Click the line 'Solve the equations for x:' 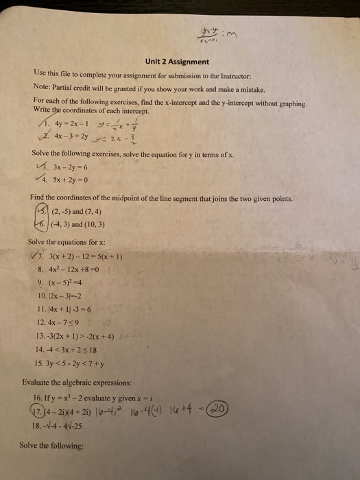67,241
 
